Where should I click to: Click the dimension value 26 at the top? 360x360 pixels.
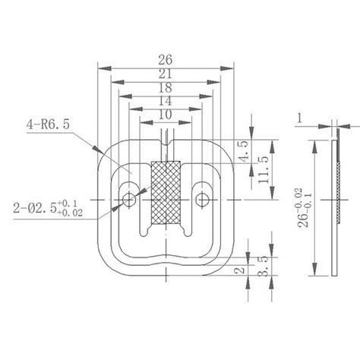pos(165,58)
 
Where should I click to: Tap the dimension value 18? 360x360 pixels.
pos(165,87)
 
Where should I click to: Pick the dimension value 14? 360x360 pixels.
pos(165,101)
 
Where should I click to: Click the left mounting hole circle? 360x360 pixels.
pos(129,199)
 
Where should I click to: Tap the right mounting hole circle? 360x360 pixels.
pos(201,199)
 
